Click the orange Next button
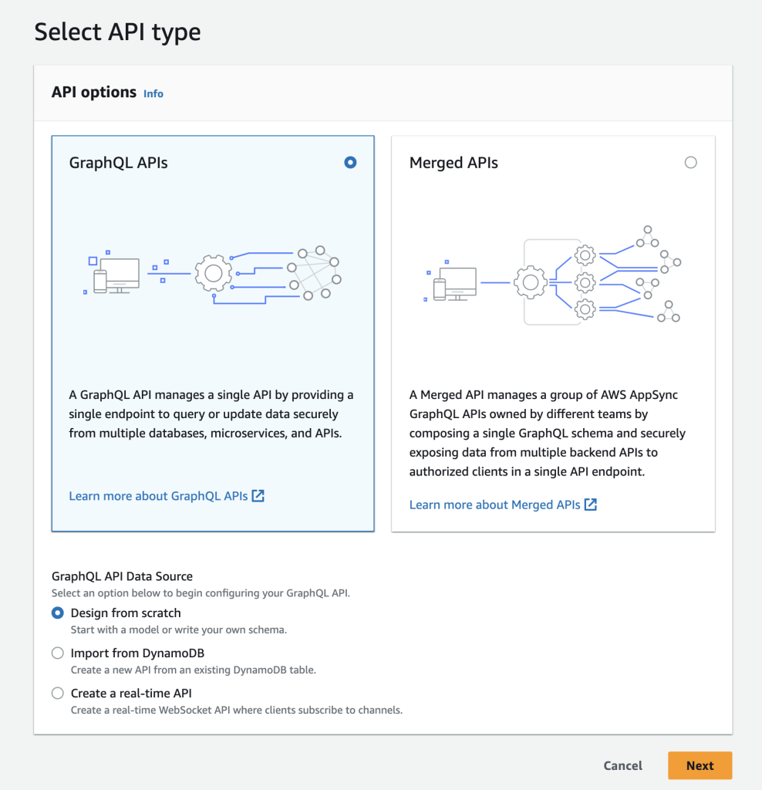(700, 765)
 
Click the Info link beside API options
(153, 93)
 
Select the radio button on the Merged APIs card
(690, 162)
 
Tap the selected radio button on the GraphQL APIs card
(350, 162)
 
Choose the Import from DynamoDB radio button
(58, 653)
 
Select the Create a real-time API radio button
(58, 694)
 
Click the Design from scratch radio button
(58, 613)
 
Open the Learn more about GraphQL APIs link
(159, 496)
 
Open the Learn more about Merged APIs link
(495, 505)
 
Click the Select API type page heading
(117, 32)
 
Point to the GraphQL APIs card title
(118, 163)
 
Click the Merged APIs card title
(453, 163)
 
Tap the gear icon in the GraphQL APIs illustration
(214, 273)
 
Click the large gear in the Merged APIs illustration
(530, 282)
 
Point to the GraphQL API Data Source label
(122, 576)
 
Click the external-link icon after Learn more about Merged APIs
(591, 505)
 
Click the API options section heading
(93, 93)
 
